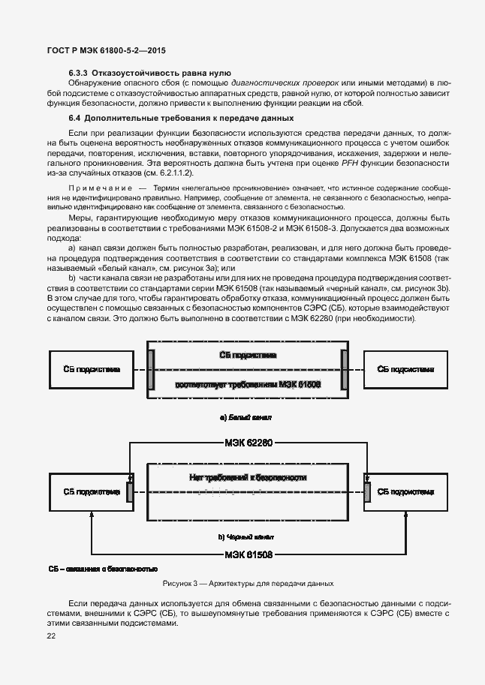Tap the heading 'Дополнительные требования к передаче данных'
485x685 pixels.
188,119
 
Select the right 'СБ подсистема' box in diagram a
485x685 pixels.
405,369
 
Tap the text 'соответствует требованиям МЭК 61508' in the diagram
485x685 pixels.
248,383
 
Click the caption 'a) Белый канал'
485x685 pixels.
246,416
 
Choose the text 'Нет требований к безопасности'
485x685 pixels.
248,477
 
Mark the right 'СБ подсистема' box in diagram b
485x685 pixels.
405,492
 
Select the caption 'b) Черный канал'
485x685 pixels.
246,537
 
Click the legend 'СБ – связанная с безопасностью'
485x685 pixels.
103,569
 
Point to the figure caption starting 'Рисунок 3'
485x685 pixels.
248,583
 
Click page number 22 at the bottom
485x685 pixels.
51,636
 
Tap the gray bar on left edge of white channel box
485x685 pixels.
151,369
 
